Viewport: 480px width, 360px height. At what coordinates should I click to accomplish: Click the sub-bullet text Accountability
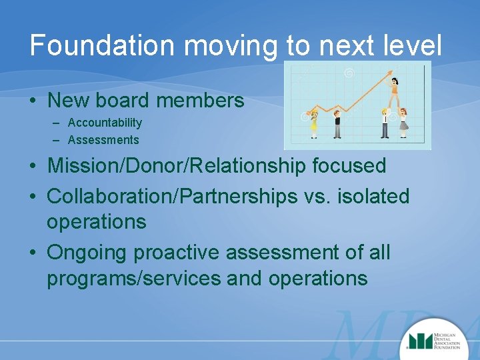click(105, 123)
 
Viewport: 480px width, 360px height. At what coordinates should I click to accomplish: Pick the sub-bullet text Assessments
click(103, 140)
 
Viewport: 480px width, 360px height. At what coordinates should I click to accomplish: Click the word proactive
click(177, 253)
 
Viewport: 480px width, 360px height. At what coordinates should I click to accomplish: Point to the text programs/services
click(133, 278)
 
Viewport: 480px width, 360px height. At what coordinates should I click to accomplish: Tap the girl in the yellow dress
click(314, 123)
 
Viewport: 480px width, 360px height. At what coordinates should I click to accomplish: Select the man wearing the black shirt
click(337, 123)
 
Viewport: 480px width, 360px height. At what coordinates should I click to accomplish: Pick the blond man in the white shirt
click(385, 123)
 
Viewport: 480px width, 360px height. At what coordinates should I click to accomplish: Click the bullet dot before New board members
click(33, 101)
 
